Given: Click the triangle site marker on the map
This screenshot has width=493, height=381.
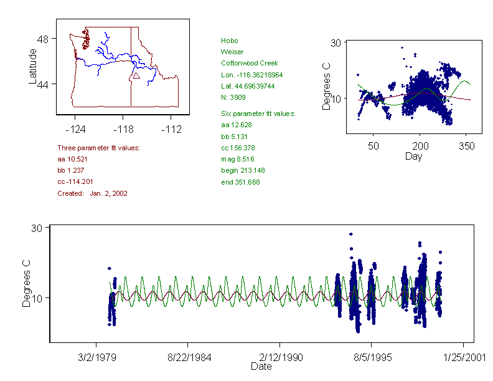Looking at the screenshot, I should tap(136, 75).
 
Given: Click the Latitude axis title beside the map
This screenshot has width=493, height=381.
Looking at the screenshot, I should tap(33, 66).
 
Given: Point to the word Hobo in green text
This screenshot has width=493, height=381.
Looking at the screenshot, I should tap(229, 41).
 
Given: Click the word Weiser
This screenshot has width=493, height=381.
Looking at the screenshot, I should tap(232, 52).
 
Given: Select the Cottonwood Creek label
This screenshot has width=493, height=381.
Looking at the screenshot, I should tap(249, 63).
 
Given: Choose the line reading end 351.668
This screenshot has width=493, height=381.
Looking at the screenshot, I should tap(240, 182).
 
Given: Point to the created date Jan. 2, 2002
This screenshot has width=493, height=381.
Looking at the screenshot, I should tap(108, 193).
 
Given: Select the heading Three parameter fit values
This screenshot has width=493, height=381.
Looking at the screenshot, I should tap(98, 148).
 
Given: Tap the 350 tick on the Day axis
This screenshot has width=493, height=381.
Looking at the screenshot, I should tap(467, 146).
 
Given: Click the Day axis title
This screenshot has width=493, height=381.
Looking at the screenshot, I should tap(413, 156).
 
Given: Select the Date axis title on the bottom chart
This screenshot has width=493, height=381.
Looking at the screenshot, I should tap(261, 367).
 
